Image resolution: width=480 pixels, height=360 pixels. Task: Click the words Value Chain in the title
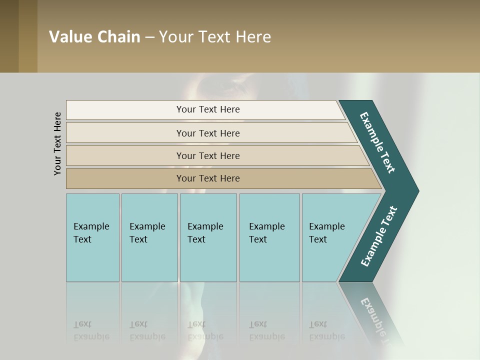[94, 36]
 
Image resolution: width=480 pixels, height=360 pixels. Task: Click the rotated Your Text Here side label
[57, 143]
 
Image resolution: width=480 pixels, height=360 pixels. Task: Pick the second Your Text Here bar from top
[208, 133]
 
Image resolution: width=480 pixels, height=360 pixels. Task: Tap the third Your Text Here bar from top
[208, 155]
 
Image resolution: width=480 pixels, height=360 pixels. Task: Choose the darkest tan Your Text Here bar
[208, 178]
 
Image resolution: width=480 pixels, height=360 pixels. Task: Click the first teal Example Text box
[92, 237]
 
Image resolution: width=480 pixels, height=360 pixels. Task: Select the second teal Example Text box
[149, 237]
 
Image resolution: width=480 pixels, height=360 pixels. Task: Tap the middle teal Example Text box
[208, 237]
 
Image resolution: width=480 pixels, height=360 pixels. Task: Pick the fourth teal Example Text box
[269, 237]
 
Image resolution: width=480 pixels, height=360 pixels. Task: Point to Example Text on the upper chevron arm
[377, 142]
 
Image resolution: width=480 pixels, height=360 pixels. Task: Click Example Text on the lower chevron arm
[378, 236]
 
